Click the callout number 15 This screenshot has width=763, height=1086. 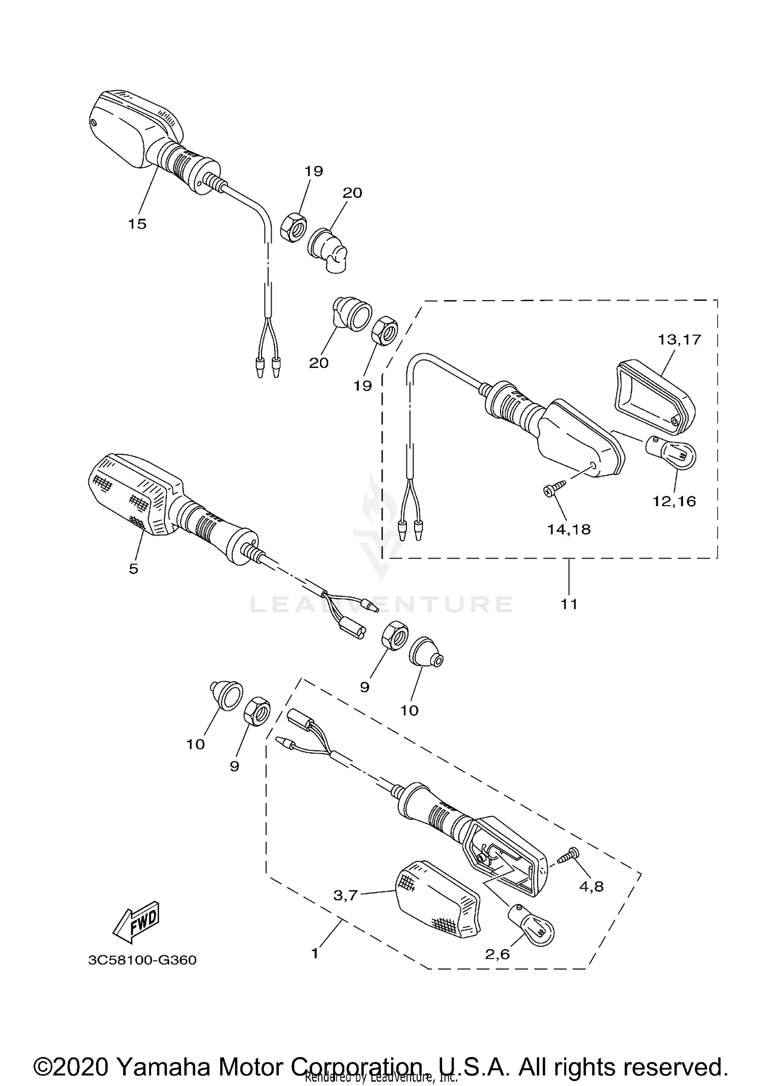click(137, 224)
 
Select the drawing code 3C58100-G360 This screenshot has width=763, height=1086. click(142, 960)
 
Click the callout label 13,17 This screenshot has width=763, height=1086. click(680, 339)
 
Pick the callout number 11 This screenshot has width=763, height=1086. click(569, 604)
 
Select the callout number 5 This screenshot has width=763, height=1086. click(133, 569)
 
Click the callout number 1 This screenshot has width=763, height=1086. click(315, 953)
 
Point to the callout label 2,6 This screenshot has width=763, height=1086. click(497, 954)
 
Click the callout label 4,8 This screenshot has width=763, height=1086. click(592, 887)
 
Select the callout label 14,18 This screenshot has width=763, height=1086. click(569, 530)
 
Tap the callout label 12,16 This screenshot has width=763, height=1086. click(674, 501)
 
